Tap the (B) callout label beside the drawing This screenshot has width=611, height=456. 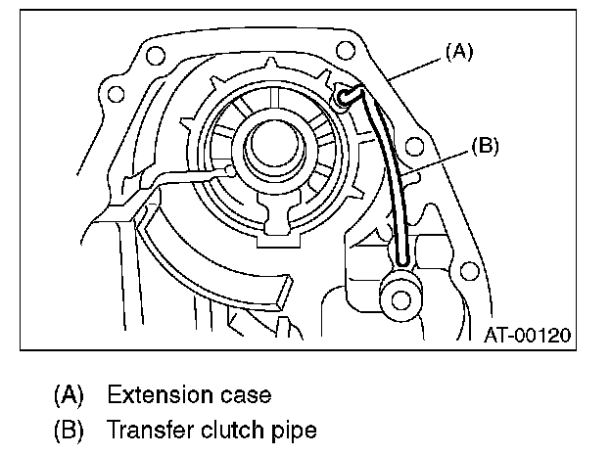point(485,147)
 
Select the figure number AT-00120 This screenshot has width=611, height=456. point(527,335)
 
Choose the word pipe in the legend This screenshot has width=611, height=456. point(297,430)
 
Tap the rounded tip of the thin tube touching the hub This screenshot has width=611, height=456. point(230,170)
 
